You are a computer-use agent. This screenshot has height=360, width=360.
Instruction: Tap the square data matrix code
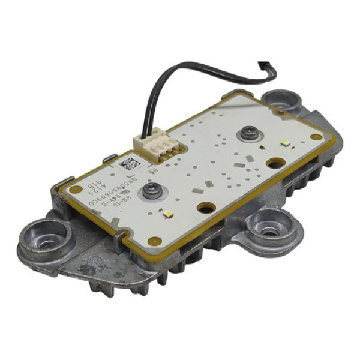coord(130,163)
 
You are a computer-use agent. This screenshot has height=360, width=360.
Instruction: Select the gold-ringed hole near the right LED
coord(275,163)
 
